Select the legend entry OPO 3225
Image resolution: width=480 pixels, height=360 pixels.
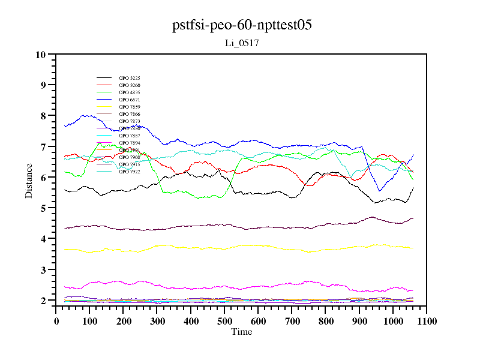click(x=129, y=78)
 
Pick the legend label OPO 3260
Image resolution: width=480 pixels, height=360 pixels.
click(x=129, y=85)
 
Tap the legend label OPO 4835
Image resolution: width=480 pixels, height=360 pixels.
click(x=129, y=92)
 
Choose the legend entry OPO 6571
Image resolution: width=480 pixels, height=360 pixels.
click(x=129, y=100)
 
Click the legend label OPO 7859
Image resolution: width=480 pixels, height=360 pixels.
click(x=129, y=107)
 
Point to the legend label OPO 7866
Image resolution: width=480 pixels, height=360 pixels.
click(x=129, y=114)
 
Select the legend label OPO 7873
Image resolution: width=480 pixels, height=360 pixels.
click(x=129, y=121)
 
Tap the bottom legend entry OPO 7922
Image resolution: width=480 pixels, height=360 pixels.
click(x=129, y=172)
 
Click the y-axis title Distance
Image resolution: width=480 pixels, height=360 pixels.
click(x=29, y=180)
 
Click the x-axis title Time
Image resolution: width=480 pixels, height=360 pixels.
click(x=242, y=332)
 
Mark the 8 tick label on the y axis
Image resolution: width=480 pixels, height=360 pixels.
click(x=43, y=116)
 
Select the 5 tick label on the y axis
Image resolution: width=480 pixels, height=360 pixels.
click(x=43, y=208)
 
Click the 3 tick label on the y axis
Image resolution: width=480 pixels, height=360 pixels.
click(x=43, y=270)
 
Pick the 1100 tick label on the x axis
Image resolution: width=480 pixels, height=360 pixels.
click(x=427, y=321)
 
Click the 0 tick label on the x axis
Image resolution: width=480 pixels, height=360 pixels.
click(x=56, y=321)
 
